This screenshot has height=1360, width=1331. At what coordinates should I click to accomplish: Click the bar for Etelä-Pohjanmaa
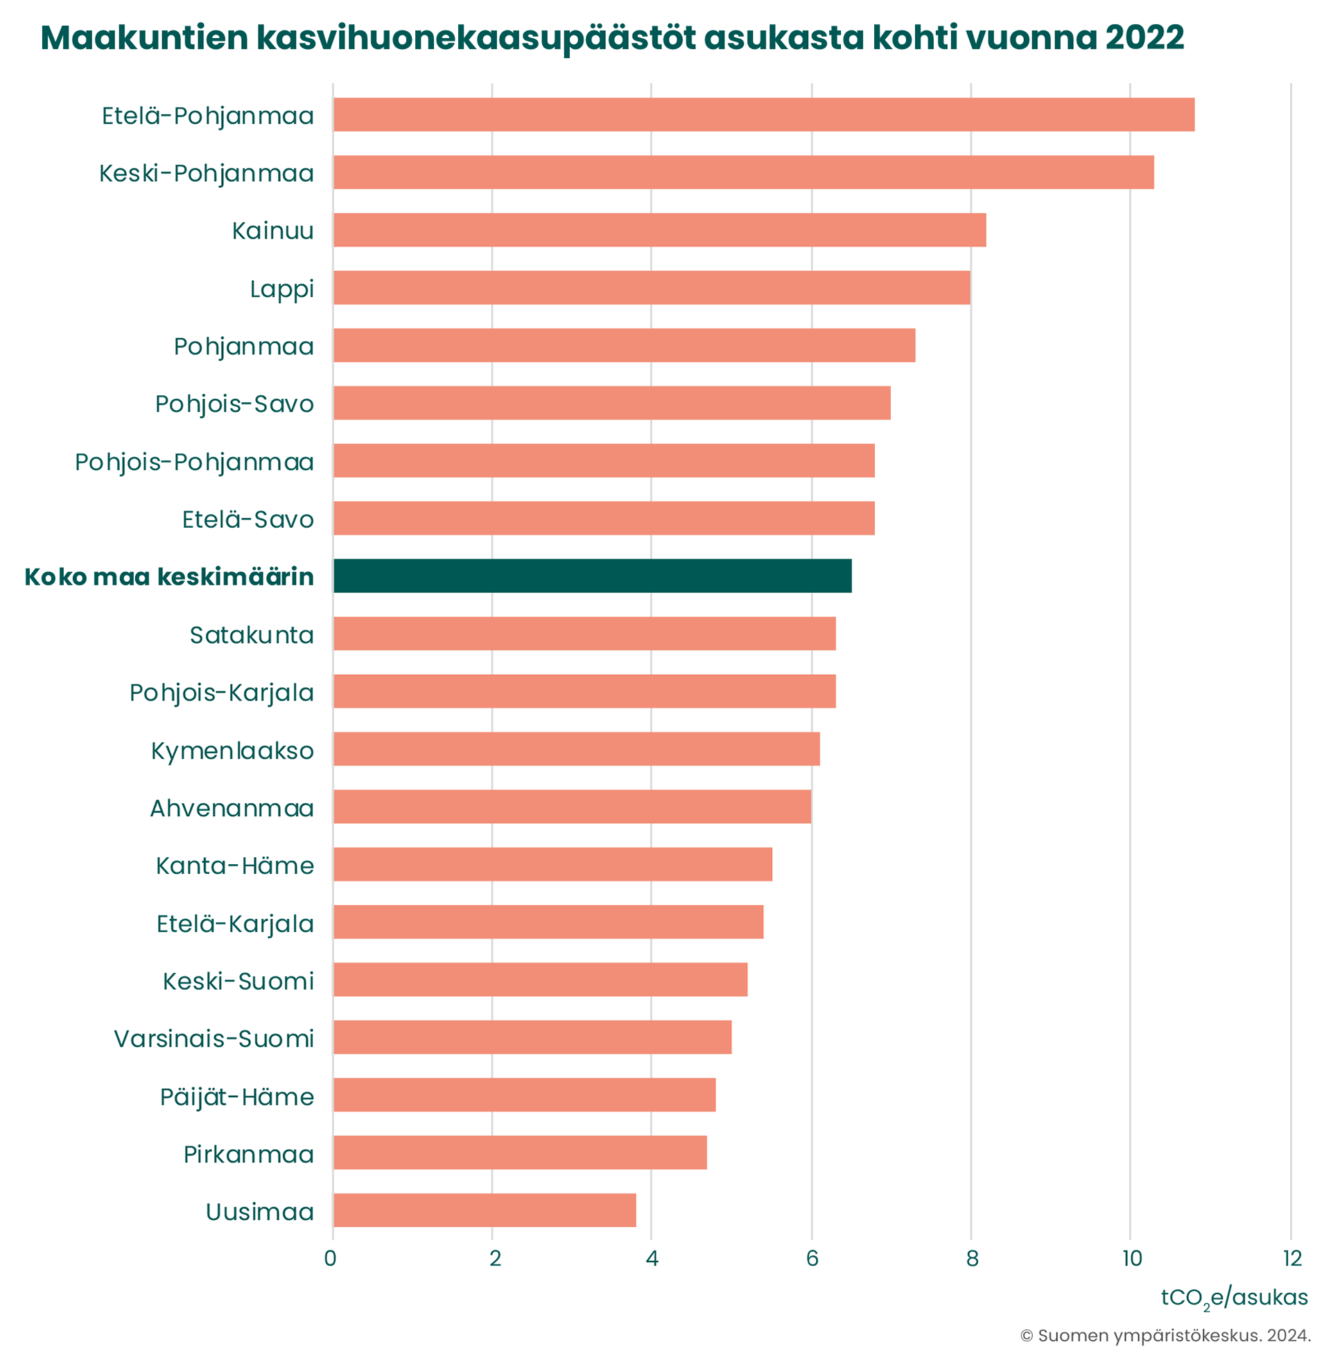point(763,114)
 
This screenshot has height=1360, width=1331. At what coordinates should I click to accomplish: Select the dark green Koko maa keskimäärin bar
point(592,576)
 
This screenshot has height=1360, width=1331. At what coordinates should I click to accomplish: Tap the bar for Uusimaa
point(485,1210)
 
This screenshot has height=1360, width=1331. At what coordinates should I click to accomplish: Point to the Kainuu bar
point(659,230)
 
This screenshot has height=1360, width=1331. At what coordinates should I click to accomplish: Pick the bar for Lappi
point(652,287)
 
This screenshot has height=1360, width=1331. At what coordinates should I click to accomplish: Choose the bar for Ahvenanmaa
point(572,807)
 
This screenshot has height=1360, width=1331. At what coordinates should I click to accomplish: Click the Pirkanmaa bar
point(520,1153)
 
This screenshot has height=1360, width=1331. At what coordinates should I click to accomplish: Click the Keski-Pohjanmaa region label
point(206,173)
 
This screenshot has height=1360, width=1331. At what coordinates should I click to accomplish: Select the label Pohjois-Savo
point(234,404)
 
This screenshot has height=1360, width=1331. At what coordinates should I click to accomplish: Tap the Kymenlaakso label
point(232,751)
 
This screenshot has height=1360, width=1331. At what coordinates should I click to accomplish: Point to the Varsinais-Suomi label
point(214,1039)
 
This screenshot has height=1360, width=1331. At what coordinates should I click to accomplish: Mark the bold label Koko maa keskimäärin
point(169,577)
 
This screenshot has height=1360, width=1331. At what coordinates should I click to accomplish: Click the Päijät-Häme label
point(237,1097)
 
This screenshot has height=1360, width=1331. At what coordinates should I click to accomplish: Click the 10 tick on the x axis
point(1132,1259)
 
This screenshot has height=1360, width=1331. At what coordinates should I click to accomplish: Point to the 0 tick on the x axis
point(331,1259)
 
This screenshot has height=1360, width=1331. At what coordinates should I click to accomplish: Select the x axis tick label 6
point(812,1259)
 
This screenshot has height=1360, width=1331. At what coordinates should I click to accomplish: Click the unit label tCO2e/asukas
point(1234,1298)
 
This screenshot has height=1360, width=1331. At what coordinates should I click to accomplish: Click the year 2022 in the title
point(1145,37)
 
